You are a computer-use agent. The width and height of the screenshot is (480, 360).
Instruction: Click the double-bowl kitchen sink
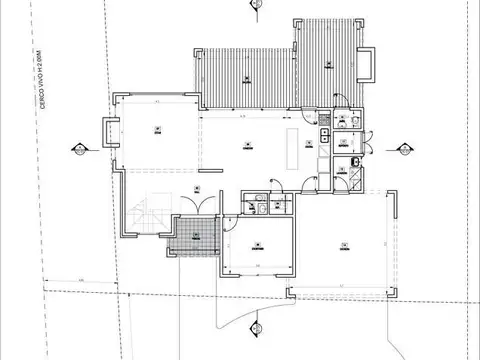324,135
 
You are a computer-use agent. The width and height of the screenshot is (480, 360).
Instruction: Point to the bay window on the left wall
108,131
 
